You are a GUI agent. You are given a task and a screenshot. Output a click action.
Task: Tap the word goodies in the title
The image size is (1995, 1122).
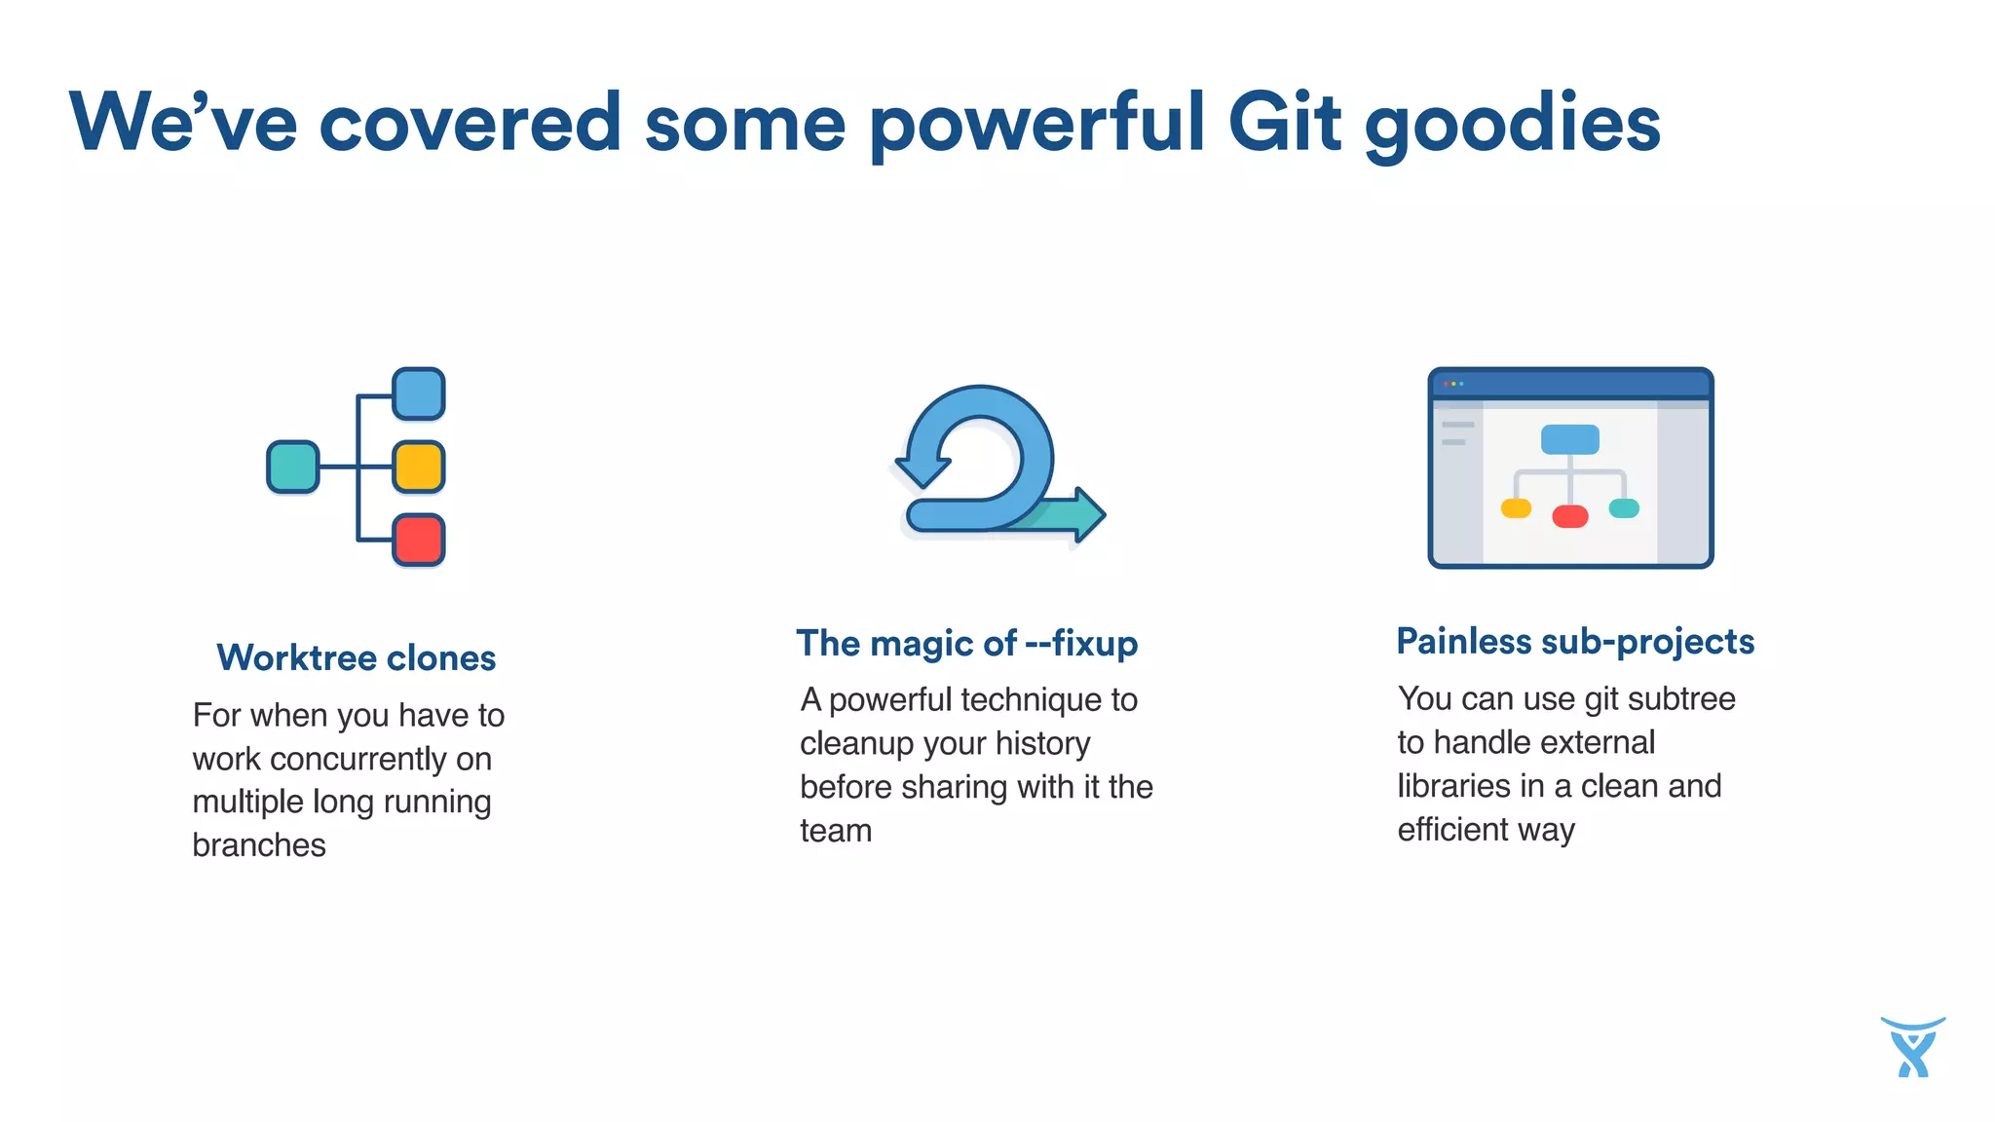pos(1512,125)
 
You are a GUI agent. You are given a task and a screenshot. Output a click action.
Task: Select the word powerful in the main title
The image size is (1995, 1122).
pos(1036,125)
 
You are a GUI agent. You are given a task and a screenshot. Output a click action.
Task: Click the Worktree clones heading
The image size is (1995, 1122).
pos(357,658)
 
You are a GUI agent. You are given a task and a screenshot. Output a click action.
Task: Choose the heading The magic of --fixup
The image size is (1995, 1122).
pos(966,644)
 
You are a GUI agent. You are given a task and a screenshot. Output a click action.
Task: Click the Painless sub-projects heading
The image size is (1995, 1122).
pos(1575,642)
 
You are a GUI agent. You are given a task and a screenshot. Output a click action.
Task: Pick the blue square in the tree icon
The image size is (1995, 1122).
pos(419,394)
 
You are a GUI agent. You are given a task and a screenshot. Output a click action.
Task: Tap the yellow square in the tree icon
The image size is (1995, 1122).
pos(419,467)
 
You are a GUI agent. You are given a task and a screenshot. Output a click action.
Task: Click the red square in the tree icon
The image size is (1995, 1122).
pos(419,540)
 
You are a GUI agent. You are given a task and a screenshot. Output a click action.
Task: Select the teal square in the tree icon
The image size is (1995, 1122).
pos(293,467)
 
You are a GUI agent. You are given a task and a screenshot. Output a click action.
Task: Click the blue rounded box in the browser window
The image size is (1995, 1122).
pos(1569,439)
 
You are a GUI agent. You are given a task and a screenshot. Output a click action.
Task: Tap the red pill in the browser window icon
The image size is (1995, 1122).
pos(1569,516)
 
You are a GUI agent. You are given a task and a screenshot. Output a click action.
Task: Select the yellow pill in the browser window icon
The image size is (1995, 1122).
pos(1516,508)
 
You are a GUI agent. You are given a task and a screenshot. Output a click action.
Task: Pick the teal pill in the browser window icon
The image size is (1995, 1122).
pos(1624,508)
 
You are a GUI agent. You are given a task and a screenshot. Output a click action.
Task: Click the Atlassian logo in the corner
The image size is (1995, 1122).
pos(1912,1047)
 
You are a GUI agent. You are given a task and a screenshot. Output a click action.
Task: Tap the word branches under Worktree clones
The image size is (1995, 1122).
pos(259,845)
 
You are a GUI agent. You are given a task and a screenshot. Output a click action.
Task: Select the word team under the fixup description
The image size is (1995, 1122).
pos(836,831)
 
